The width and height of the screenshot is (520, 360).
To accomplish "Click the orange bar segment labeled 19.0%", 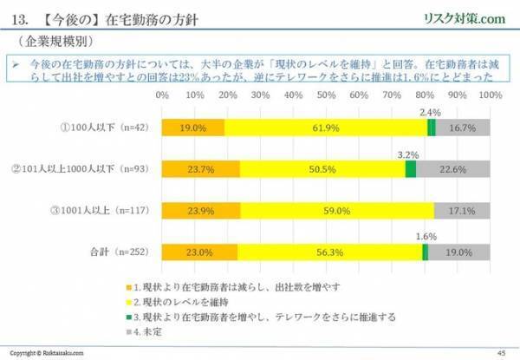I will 192,128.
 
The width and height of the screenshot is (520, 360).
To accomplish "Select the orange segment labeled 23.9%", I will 201,210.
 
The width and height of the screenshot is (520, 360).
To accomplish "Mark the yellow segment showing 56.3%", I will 329,252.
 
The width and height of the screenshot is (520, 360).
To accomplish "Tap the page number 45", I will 500,351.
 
